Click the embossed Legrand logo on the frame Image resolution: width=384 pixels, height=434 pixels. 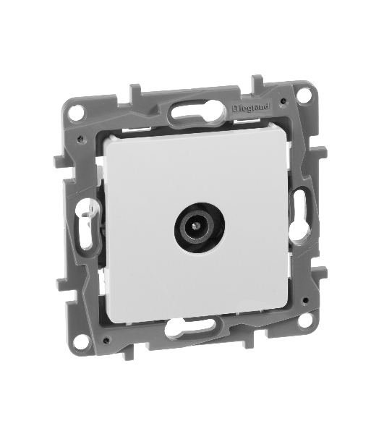251,108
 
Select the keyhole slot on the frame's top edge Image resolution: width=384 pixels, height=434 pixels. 195,114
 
